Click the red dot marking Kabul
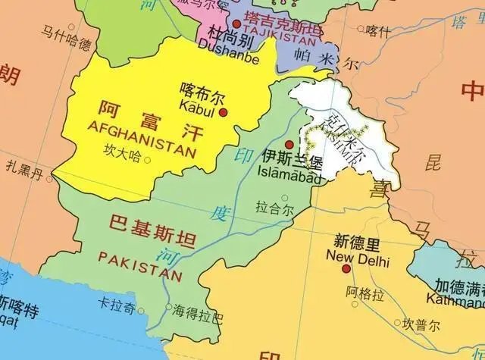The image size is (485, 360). [224, 113]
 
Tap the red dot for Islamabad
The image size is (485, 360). [289, 144]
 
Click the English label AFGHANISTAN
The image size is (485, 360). [141, 139]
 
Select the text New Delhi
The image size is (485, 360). [357, 260]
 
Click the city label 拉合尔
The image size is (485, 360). [274, 206]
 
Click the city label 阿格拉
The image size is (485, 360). [361, 291]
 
